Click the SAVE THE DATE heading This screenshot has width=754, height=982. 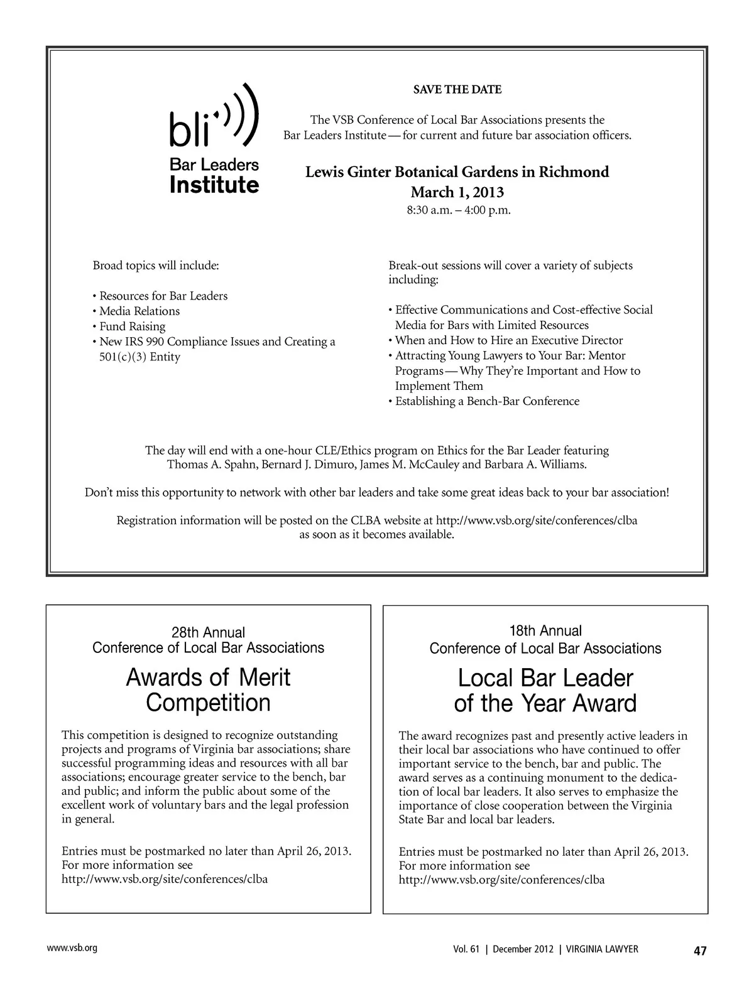pyautogui.click(x=457, y=90)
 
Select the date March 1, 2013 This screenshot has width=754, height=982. pyautogui.click(x=457, y=192)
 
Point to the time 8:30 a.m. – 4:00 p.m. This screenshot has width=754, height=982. pyautogui.click(x=458, y=210)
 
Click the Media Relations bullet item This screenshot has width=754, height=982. pyautogui.click(x=139, y=311)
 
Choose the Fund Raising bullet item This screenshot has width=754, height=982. pyautogui.click(x=132, y=326)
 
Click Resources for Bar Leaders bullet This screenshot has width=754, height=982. pyautogui.click(x=163, y=296)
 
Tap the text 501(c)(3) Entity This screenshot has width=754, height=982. pyautogui.click(x=139, y=357)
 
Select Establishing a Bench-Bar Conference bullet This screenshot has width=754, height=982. pyautogui.click(x=487, y=401)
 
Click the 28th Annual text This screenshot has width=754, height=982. pyautogui.click(x=208, y=632)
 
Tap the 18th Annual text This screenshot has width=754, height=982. pyautogui.click(x=545, y=630)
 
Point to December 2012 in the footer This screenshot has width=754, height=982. pyautogui.click(x=522, y=949)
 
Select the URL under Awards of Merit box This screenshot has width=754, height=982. pyautogui.click(x=165, y=879)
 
